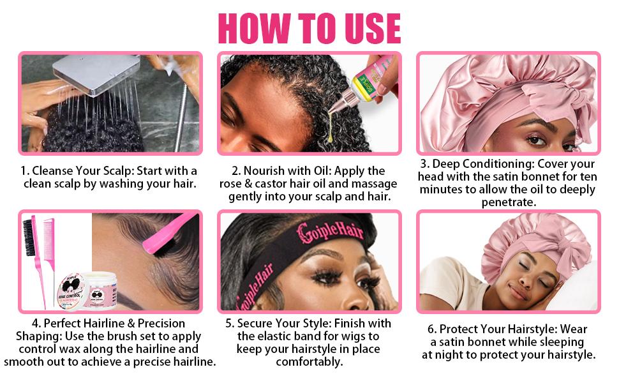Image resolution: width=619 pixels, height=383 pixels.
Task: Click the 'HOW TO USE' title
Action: [x=309, y=27]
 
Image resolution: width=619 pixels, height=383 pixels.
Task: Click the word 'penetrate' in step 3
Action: [x=508, y=202]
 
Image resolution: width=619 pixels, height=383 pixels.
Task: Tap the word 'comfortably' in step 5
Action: [x=309, y=362]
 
